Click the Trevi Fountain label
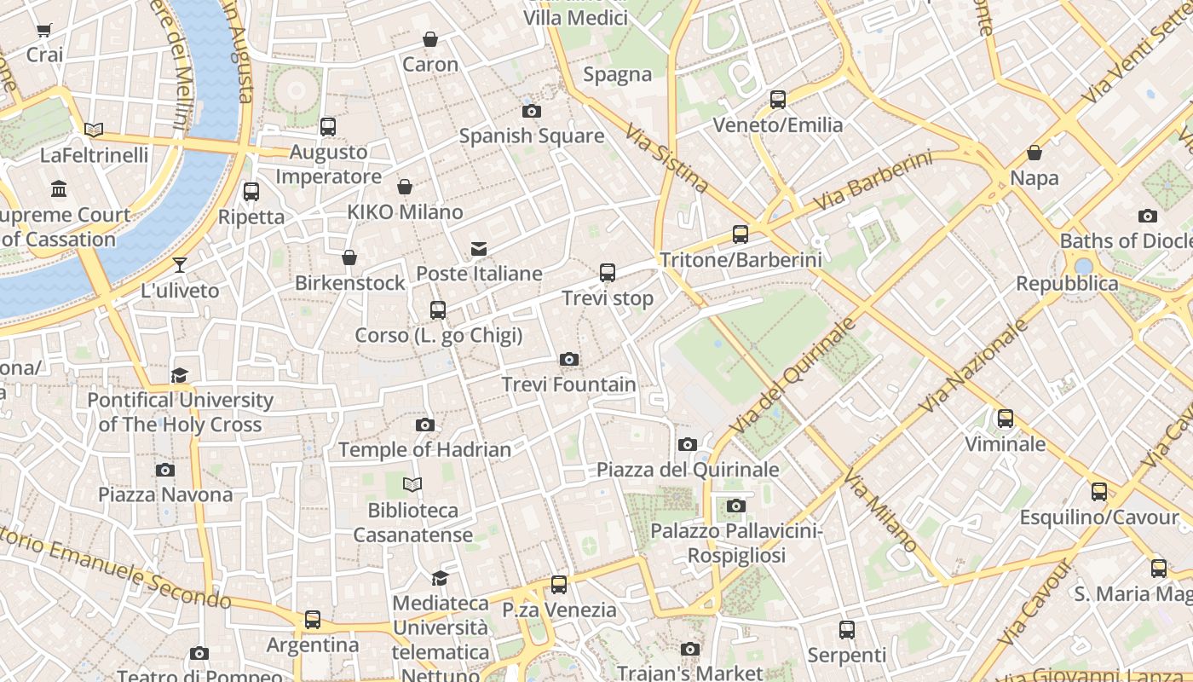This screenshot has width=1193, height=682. (568, 384)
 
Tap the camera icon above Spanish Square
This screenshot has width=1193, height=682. (532, 111)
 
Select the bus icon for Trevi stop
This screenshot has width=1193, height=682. (608, 273)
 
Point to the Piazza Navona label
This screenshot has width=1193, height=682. (165, 494)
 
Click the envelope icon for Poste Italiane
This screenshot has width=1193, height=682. (479, 249)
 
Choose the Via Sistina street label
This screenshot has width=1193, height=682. (666, 158)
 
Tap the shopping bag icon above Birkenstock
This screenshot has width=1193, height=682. (349, 257)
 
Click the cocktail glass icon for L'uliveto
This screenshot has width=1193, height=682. (180, 264)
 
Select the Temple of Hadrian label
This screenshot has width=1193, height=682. (424, 449)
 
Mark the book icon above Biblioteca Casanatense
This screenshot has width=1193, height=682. (412, 485)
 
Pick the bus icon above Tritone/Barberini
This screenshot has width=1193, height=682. (741, 234)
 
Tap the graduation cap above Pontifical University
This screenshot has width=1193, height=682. (179, 375)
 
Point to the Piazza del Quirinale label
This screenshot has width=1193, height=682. (688, 470)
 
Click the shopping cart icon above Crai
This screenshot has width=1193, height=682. (43, 30)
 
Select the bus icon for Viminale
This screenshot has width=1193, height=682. (1006, 419)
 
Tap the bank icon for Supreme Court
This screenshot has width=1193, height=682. (59, 188)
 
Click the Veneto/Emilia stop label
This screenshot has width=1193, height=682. (777, 125)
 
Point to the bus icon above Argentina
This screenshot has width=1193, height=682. (313, 620)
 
